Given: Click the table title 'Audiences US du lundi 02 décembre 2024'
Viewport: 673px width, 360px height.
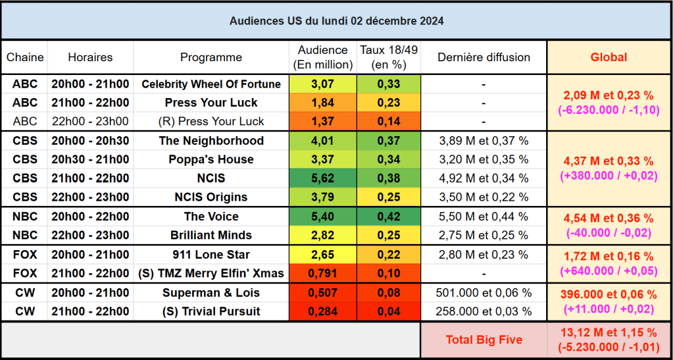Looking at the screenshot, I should click(x=336, y=21).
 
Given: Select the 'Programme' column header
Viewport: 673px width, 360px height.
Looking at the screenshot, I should click(x=211, y=57).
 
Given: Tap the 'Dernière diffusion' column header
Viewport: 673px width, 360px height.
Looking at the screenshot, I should click(x=484, y=57).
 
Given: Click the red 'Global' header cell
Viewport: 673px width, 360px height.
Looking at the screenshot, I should click(x=609, y=57).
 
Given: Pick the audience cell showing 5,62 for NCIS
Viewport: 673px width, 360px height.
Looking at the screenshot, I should click(x=322, y=178).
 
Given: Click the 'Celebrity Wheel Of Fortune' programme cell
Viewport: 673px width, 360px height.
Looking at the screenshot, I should click(x=211, y=84).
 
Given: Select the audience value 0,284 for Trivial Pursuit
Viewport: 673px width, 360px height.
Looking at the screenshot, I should click(x=322, y=311).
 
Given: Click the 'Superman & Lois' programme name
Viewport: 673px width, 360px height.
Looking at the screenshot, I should click(x=211, y=293).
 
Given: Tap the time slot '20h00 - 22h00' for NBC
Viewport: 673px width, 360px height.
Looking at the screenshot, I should click(x=90, y=217).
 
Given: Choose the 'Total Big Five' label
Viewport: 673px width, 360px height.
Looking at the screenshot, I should click(x=484, y=340).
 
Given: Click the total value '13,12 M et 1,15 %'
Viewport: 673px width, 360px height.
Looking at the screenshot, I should click(x=609, y=332).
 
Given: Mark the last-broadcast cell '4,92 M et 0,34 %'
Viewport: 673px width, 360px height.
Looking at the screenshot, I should click(x=484, y=178).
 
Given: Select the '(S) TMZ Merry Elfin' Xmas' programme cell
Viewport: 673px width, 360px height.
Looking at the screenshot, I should click(x=211, y=273).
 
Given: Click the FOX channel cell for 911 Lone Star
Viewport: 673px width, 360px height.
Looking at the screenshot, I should click(x=25, y=255).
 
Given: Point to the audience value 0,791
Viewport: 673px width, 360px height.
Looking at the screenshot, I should click(x=322, y=273).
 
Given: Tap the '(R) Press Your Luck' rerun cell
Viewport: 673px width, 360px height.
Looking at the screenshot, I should click(x=211, y=121).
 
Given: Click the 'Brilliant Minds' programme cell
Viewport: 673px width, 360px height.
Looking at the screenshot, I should click(x=211, y=235).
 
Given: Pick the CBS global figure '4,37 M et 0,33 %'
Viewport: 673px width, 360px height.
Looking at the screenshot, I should click(x=609, y=161).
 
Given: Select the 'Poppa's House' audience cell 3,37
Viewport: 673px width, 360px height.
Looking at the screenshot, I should click(x=322, y=159).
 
